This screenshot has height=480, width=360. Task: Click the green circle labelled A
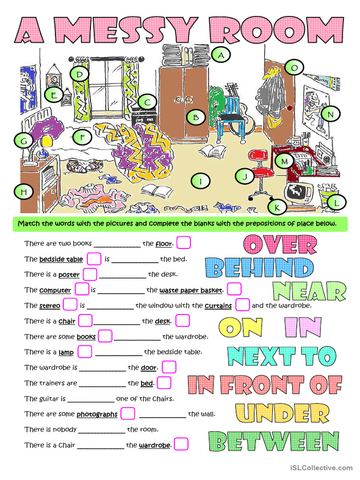point(220,55)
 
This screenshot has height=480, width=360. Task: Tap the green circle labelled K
point(277,206)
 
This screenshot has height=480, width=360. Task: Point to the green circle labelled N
point(330,114)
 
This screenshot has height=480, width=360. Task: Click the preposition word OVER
point(280,245)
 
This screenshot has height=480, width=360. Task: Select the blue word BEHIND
point(260,268)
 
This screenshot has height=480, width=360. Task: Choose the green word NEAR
point(309,291)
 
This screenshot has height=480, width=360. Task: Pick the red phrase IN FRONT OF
point(265,385)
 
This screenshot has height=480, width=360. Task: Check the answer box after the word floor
point(183,243)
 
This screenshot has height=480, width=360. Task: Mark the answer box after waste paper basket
point(234,289)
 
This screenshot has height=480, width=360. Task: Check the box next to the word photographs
point(128,413)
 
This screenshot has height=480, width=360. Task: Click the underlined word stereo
point(49,306)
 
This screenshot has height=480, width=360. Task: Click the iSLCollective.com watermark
point(321,468)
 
